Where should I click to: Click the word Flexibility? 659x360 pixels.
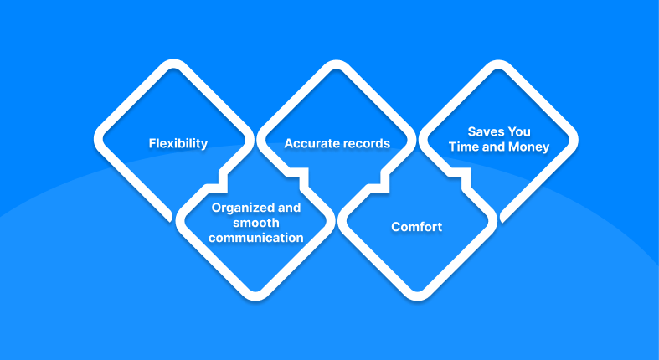(x=178, y=144)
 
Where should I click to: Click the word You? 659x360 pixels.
(x=520, y=131)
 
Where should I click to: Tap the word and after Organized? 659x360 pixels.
(x=289, y=208)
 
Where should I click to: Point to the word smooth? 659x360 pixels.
(x=256, y=223)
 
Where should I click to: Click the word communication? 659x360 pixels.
(x=256, y=238)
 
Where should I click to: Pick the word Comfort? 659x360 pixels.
(x=416, y=227)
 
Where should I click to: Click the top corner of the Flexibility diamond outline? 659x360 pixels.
(x=173, y=63)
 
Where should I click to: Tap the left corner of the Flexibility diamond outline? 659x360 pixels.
(x=97, y=139)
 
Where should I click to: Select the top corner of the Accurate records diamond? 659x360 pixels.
(x=336, y=64)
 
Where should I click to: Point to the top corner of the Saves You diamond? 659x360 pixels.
(x=498, y=64)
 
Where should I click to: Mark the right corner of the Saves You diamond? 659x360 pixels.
(x=574, y=140)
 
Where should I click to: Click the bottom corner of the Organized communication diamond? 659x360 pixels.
(x=255, y=297)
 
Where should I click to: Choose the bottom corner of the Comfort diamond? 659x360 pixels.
(x=417, y=297)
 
